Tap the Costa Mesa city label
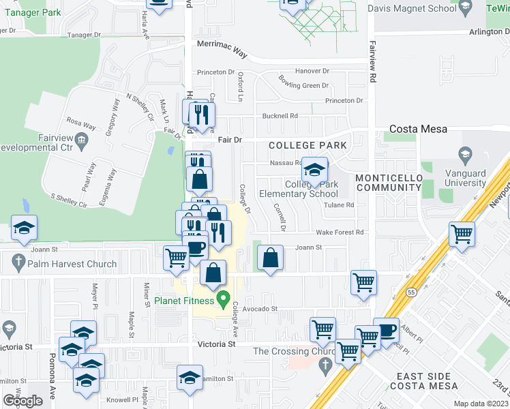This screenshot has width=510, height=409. click(418, 129)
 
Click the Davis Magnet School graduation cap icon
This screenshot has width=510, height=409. click(466, 9)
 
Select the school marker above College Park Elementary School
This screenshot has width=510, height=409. click(314, 170)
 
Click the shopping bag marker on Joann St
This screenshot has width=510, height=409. click(271, 258)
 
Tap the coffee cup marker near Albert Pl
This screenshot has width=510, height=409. click(386, 331)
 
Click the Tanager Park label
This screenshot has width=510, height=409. click(31, 12)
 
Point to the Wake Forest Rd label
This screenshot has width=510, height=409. click(340, 232)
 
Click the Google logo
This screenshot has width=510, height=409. click(22, 401)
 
